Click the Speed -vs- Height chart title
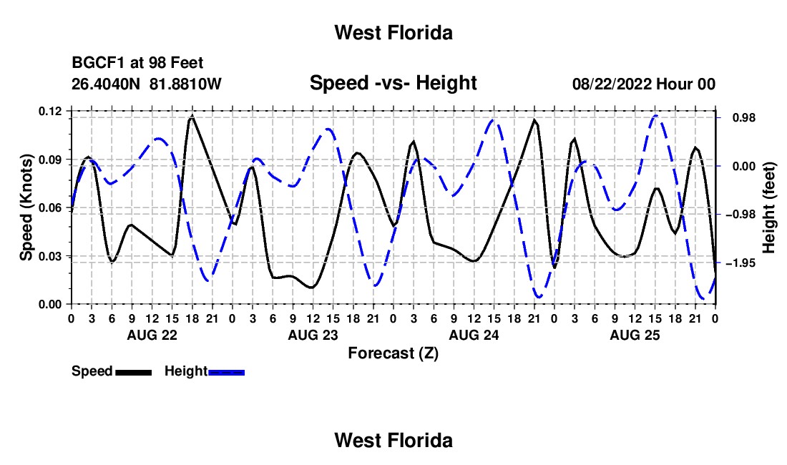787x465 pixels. point(393,83)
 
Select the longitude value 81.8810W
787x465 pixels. point(185,84)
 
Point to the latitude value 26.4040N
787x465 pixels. point(106,84)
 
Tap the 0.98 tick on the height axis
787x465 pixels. point(744,117)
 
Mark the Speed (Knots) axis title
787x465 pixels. point(26,207)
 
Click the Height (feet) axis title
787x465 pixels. point(769,207)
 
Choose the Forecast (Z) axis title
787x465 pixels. point(393,353)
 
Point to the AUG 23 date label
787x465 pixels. point(313,335)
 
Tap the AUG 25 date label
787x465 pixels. point(635,335)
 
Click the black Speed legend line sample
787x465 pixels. point(134,373)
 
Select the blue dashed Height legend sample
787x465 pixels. point(226,373)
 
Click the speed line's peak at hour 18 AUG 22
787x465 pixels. point(192,117)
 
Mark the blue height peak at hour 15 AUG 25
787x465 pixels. point(655,116)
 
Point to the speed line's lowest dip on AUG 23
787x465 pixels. point(312,288)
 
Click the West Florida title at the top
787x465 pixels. point(393,33)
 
